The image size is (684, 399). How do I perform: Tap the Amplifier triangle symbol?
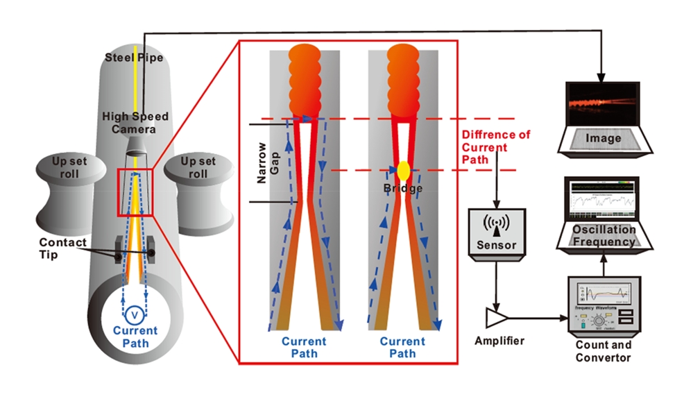(x=497, y=318)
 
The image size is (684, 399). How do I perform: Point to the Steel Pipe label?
(x=135, y=57)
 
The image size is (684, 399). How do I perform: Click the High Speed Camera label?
(x=135, y=123)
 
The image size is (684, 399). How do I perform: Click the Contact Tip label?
(x=62, y=248)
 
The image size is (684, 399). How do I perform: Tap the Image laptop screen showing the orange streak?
(x=602, y=104)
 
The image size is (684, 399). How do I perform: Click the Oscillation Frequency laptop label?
(x=604, y=236)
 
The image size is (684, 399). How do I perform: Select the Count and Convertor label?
(x=603, y=352)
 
